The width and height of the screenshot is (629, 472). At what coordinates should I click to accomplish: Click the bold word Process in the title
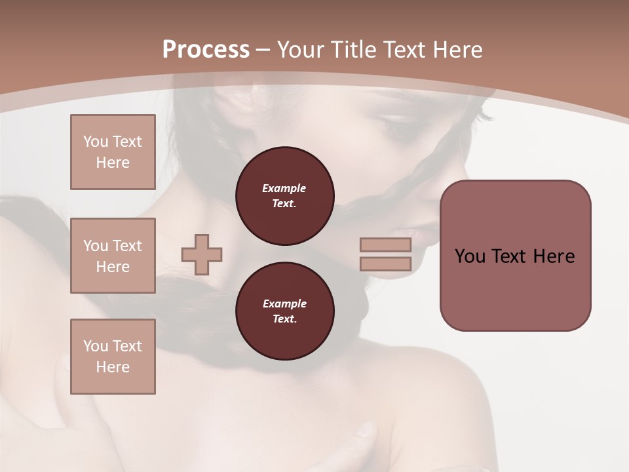click(x=206, y=49)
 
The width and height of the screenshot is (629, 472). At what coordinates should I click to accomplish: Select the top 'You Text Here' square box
click(x=113, y=152)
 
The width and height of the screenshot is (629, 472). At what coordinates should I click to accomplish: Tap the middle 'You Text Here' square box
click(x=113, y=256)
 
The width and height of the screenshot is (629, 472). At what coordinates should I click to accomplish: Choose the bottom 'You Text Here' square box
click(x=113, y=357)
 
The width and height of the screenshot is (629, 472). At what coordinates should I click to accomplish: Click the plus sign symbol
click(x=202, y=254)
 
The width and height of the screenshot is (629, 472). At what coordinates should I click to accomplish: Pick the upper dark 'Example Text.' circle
click(x=284, y=196)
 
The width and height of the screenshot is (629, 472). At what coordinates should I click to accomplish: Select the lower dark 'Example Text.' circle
click(x=284, y=311)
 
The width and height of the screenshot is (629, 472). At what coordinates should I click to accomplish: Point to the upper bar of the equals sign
click(x=385, y=245)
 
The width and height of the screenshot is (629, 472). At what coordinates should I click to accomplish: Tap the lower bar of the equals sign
click(x=385, y=264)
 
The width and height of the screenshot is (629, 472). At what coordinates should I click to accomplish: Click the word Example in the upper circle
click(x=284, y=188)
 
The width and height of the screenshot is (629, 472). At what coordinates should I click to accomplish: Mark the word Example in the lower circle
click(x=284, y=304)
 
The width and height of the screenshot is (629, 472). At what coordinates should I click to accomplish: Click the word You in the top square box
click(x=94, y=142)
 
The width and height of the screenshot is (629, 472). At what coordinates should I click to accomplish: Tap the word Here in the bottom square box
click(x=113, y=367)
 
